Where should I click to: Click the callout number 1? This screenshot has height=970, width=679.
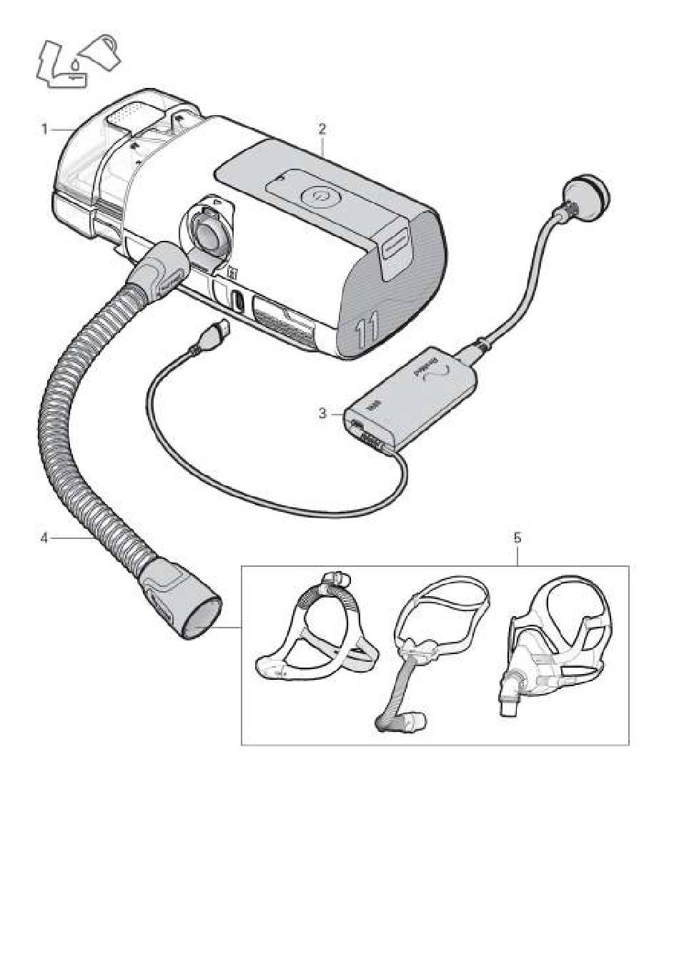click(x=44, y=129)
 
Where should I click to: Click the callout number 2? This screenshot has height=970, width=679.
click(x=322, y=129)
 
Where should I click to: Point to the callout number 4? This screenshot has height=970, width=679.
click(x=44, y=538)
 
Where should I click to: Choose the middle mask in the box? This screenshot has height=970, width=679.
click(x=429, y=658)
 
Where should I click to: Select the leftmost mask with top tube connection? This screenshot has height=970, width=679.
click(x=314, y=629)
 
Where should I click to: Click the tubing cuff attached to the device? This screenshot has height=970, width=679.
click(x=159, y=268)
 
